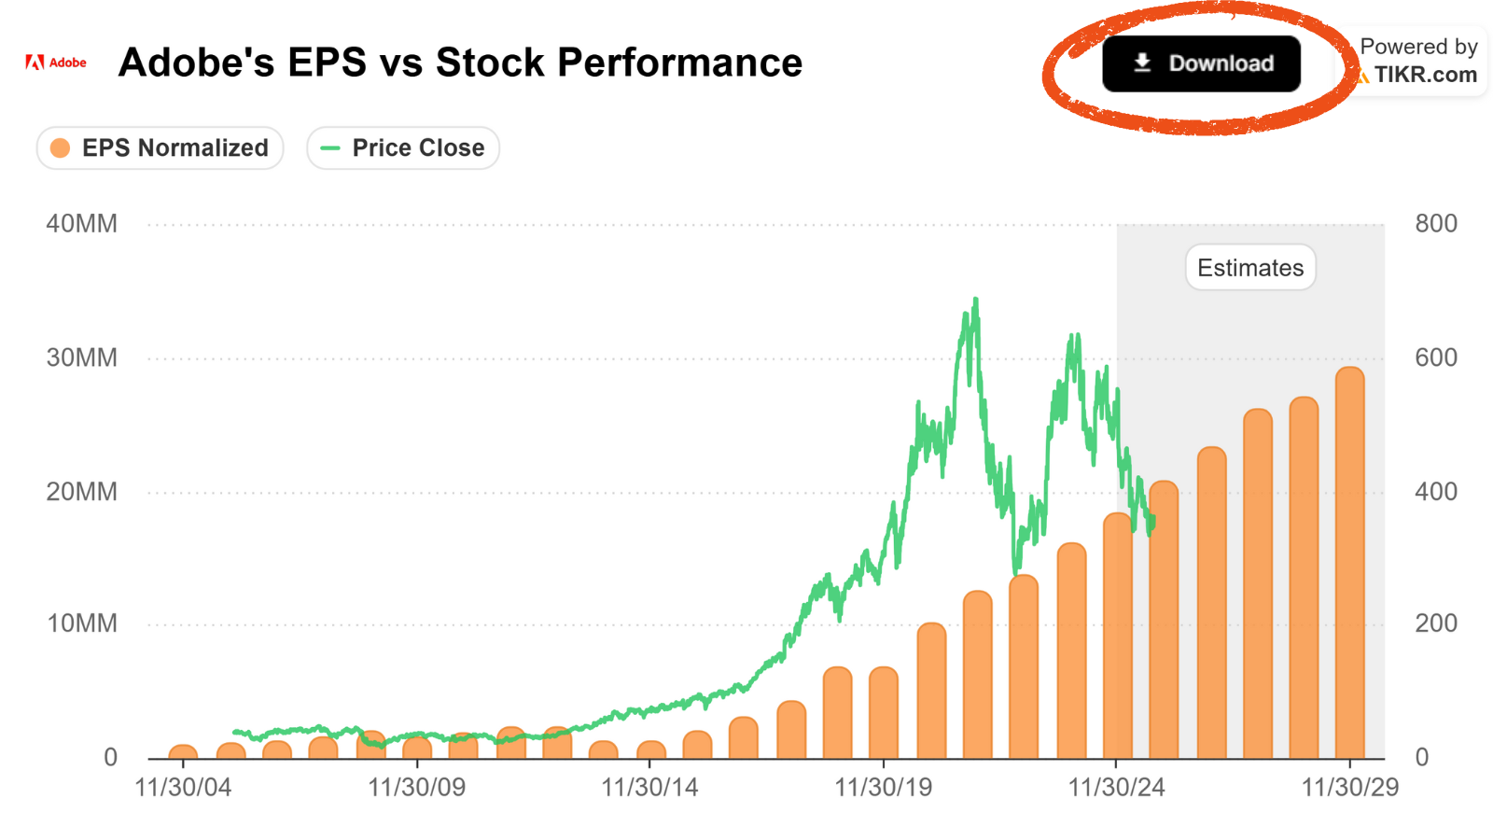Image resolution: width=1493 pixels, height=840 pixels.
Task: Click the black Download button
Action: pyautogui.click(x=1201, y=63)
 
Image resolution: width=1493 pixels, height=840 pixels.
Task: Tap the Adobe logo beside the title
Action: pyautogui.click(x=56, y=63)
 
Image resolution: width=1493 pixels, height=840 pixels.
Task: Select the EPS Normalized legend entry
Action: pyautogui.click(x=160, y=148)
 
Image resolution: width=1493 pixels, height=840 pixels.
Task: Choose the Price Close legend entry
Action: pyautogui.click(x=402, y=148)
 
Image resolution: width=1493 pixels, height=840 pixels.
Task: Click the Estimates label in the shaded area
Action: pyautogui.click(x=1250, y=267)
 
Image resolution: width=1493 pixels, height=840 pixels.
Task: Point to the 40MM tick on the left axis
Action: pyautogui.click(x=81, y=224)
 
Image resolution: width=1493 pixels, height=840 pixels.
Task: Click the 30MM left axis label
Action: pyautogui.click(x=81, y=358)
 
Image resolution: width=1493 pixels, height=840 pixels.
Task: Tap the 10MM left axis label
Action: pyautogui.click(x=81, y=623)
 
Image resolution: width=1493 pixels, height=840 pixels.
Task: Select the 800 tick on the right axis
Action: pyautogui.click(x=1436, y=224)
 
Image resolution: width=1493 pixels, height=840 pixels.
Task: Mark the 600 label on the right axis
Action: pyautogui.click(x=1436, y=358)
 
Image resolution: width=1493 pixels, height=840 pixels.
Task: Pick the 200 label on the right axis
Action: pyautogui.click(x=1436, y=623)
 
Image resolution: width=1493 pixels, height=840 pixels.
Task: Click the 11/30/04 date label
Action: pyautogui.click(x=183, y=788)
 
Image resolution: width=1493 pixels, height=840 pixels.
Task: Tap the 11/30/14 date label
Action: pyautogui.click(x=649, y=788)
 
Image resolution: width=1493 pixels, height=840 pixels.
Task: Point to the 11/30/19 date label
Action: pyautogui.click(x=883, y=788)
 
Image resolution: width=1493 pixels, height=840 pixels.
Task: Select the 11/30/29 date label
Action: pyautogui.click(x=1350, y=788)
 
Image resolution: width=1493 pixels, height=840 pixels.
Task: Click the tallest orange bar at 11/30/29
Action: pyautogui.click(x=1350, y=563)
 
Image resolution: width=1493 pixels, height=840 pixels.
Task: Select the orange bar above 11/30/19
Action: pyautogui.click(x=884, y=713)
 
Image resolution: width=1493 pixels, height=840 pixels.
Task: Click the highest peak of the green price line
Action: pyautogui.click(x=976, y=300)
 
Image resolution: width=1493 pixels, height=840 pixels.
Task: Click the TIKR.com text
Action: pyautogui.click(x=1426, y=75)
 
